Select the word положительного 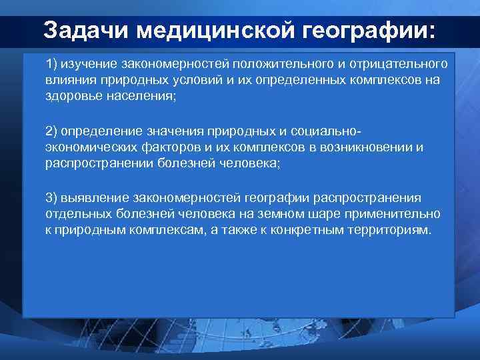tap(273, 64)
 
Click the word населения tap(143, 96)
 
